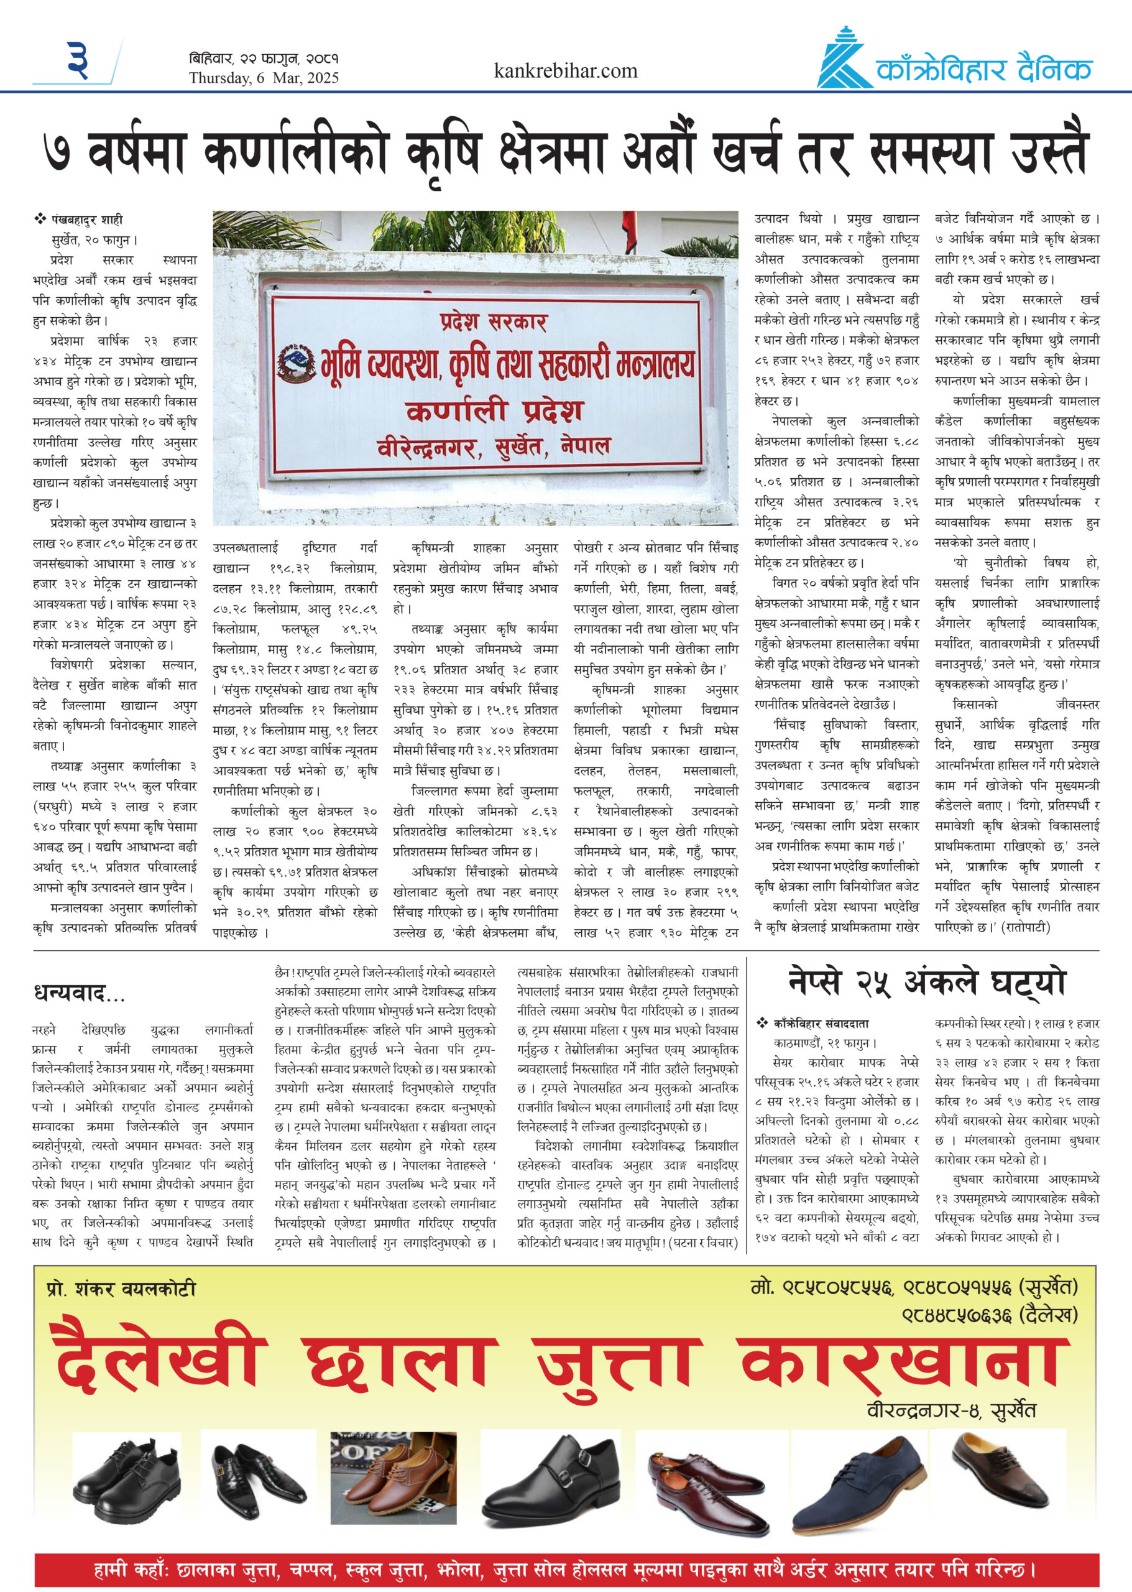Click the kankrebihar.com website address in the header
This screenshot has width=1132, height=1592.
tap(565, 71)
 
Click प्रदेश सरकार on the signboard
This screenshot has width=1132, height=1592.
tap(494, 322)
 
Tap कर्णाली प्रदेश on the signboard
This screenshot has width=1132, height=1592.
tap(494, 410)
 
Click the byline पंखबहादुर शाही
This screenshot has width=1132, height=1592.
tap(87, 220)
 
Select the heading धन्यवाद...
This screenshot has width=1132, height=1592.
tap(79, 993)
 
